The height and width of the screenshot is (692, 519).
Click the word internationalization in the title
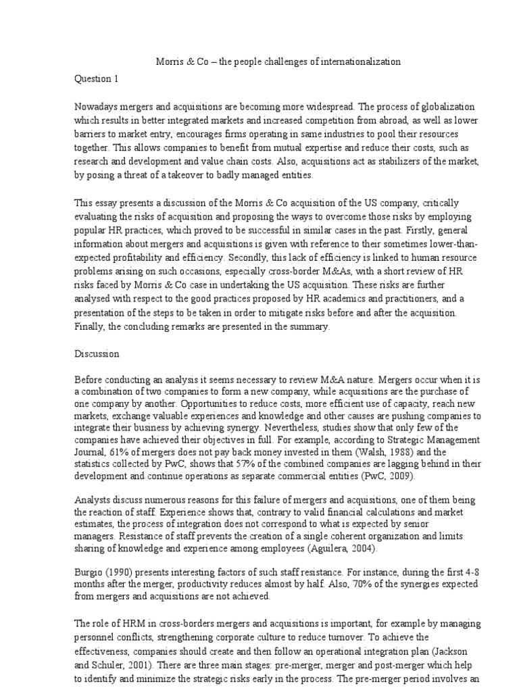[353, 61]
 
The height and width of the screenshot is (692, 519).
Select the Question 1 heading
[96, 78]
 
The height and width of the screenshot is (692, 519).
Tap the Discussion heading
[97, 353]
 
